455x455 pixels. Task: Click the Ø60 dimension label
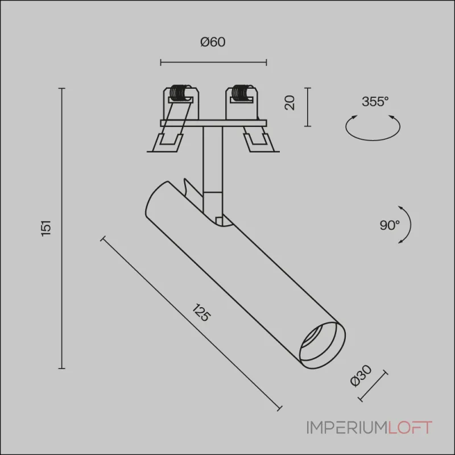[213, 42]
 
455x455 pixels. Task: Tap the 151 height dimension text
[47, 229]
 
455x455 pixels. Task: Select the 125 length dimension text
[201, 312]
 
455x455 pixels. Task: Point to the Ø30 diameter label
[361, 376]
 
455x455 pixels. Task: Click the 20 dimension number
[290, 102]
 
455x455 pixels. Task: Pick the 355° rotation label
[375, 102]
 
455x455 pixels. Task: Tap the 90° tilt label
[390, 225]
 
